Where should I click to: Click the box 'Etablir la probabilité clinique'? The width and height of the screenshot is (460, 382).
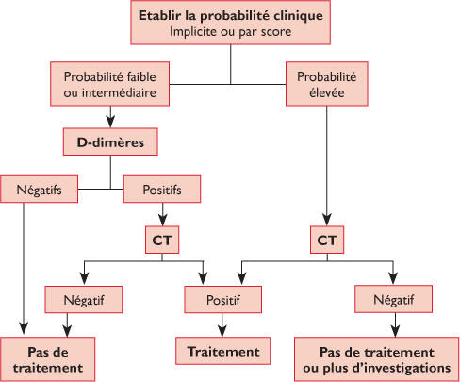click(230, 23)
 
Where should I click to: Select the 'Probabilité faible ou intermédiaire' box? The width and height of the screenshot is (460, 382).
click(109, 84)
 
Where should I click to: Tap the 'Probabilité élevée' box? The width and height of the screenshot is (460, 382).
click(327, 84)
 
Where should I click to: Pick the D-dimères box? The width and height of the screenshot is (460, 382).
click(110, 141)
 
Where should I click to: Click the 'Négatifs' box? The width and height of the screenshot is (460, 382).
click(39, 189)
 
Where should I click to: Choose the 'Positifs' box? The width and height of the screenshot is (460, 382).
click(162, 189)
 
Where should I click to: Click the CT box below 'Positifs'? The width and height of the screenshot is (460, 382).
click(162, 240)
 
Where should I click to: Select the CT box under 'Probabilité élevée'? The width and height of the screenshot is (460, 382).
click(327, 240)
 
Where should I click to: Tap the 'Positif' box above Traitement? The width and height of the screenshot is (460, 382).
click(223, 299)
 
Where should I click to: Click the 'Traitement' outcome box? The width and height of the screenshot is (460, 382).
click(223, 351)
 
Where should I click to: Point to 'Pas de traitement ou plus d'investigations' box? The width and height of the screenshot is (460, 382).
click(377, 359)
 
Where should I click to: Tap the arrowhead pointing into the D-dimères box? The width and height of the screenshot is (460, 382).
click(110, 122)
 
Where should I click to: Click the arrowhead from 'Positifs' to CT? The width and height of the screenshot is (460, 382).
click(162, 220)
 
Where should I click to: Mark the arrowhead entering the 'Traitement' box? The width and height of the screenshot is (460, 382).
click(222, 331)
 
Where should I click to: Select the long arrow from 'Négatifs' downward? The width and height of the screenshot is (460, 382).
click(24, 268)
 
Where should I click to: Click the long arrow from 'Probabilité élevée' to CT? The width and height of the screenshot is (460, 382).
click(327, 166)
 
